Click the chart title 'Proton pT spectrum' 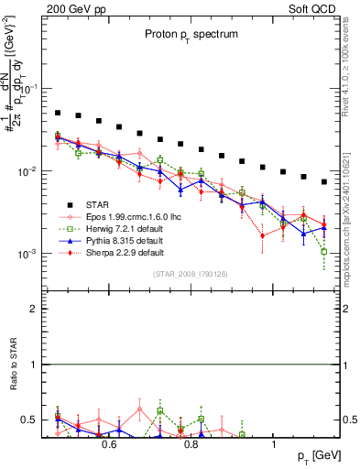(191, 34)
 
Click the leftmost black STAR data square (57, 114)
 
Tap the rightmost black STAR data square (324, 181)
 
